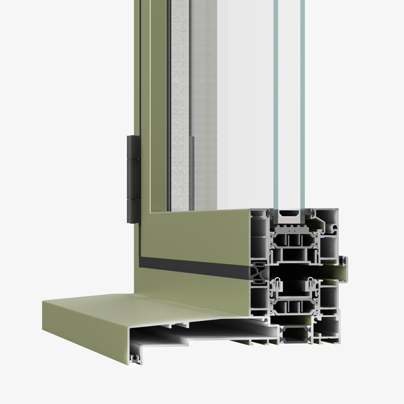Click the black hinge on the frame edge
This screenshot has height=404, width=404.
click(132, 178)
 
